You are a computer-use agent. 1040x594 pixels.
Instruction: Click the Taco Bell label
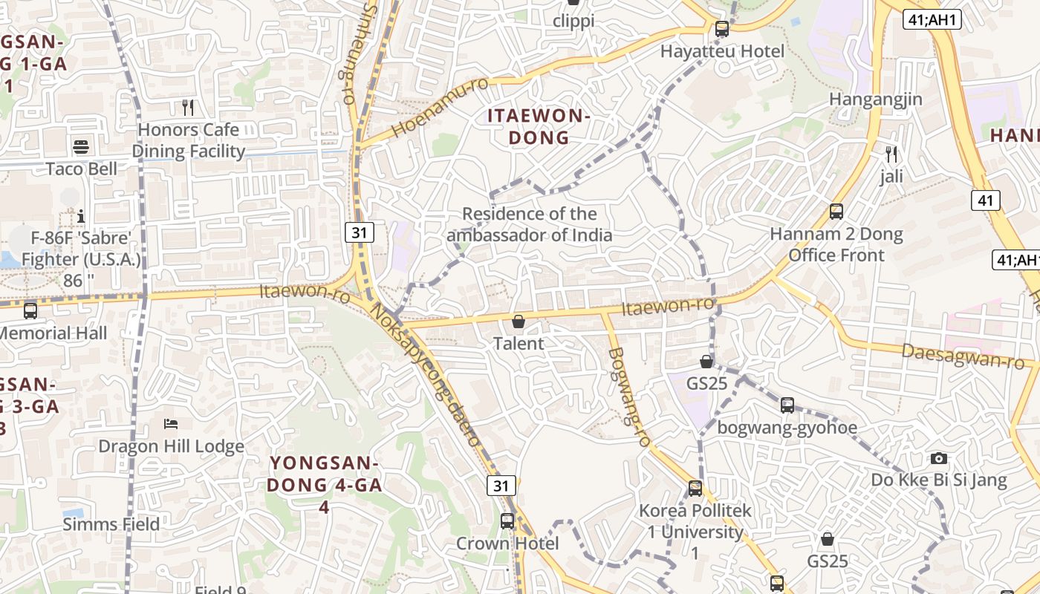pyautogui.click(x=82, y=169)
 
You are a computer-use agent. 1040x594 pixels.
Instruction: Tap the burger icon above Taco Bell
pyautogui.click(x=81, y=146)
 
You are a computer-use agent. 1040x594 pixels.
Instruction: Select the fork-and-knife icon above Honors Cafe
pyautogui.click(x=188, y=108)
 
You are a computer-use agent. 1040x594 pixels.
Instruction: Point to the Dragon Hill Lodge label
pyautogui.click(x=172, y=446)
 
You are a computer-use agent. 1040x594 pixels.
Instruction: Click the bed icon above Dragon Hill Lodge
pyautogui.click(x=171, y=424)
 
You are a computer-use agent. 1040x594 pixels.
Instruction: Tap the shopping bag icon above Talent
pyautogui.click(x=519, y=322)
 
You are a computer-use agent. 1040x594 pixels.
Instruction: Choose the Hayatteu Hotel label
pyautogui.click(x=722, y=51)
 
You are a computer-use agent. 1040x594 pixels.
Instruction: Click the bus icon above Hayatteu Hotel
pyautogui.click(x=721, y=29)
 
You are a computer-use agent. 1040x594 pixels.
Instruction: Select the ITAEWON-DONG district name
pyautogui.click(x=539, y=126)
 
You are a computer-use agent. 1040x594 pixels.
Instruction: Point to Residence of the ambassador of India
pyautogui.click(x=530, y=225)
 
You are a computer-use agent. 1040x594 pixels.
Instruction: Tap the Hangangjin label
pyautogui.click(x=875, y=99)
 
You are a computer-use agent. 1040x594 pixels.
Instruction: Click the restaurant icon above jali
pyautogui.click(x=891, y=154)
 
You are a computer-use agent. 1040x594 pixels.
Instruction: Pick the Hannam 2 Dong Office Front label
pyautogui.click(x=836, y=244)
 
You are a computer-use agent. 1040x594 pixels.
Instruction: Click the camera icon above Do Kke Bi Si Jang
pyautogui.click(x=939, y=458)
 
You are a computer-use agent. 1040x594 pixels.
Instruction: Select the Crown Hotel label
pyautogui.click(x=507, y=544)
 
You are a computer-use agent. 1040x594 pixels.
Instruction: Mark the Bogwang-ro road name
pyautogui.click(x=629, y=397)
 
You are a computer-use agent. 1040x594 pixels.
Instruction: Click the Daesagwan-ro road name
pyautogui.click(x=963, y=356)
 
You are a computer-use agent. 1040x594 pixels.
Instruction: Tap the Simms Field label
pyautogui.click(x=111, y=524)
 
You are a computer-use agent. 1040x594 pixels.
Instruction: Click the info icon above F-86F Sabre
pyautogui.click(x=81, y=216)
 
